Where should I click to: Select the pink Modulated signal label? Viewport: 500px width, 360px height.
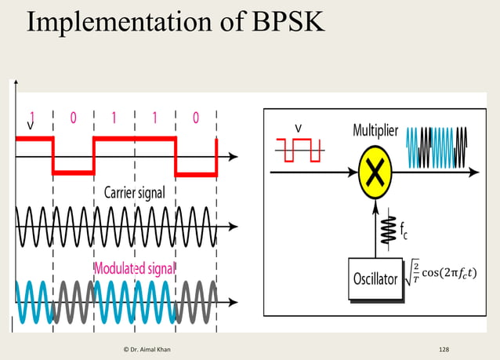(134, 268)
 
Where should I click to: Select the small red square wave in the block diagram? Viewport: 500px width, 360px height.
(299, 149)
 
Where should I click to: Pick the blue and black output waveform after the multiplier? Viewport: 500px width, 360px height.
(439, 148)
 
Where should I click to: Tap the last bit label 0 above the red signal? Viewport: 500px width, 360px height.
(195, 118)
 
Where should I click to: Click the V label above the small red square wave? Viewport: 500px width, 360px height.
(299, 127)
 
